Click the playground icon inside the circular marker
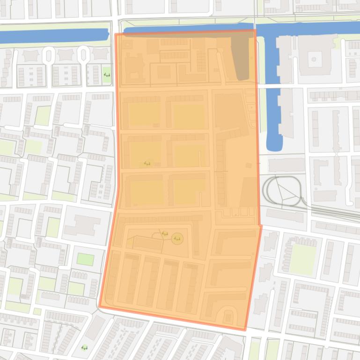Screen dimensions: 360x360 coord(177,239)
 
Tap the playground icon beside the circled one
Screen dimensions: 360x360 coord(165,234)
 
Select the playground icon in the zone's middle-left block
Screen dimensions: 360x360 coord(147,164)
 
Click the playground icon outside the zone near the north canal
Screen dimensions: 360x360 coord(107,74)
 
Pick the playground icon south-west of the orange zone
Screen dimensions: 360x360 coord(85,347)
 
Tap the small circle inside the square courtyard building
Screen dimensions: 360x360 coord(313,59)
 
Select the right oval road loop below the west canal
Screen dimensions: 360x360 coord(83,56)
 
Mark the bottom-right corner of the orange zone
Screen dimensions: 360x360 coord(245,330)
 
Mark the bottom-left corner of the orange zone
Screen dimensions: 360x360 coord(99,307)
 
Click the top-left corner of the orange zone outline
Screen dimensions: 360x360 coord(116,34)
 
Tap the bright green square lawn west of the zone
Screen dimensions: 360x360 coord(85,259)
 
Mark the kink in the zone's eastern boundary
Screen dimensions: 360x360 coord(261,226)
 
